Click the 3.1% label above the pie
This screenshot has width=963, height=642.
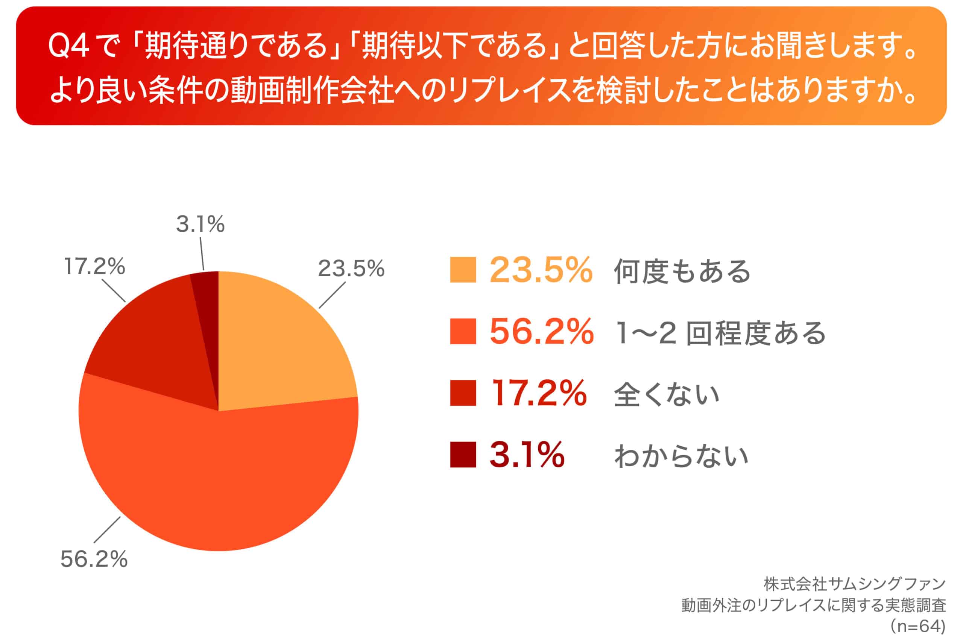[200, 224]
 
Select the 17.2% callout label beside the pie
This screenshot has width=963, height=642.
[94, 266]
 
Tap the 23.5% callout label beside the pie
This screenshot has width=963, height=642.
[351, 269]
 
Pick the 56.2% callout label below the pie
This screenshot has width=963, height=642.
[94, 559]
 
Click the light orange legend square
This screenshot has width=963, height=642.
[463, 270]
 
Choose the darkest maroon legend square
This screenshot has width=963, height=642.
[463, 455]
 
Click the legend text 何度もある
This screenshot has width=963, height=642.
[682, 271]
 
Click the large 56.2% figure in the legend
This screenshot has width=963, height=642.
[541, 332]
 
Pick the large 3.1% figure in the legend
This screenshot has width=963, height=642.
[527, 455]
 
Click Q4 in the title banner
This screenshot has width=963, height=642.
[69, 46]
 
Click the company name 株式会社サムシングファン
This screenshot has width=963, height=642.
[855, 584]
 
